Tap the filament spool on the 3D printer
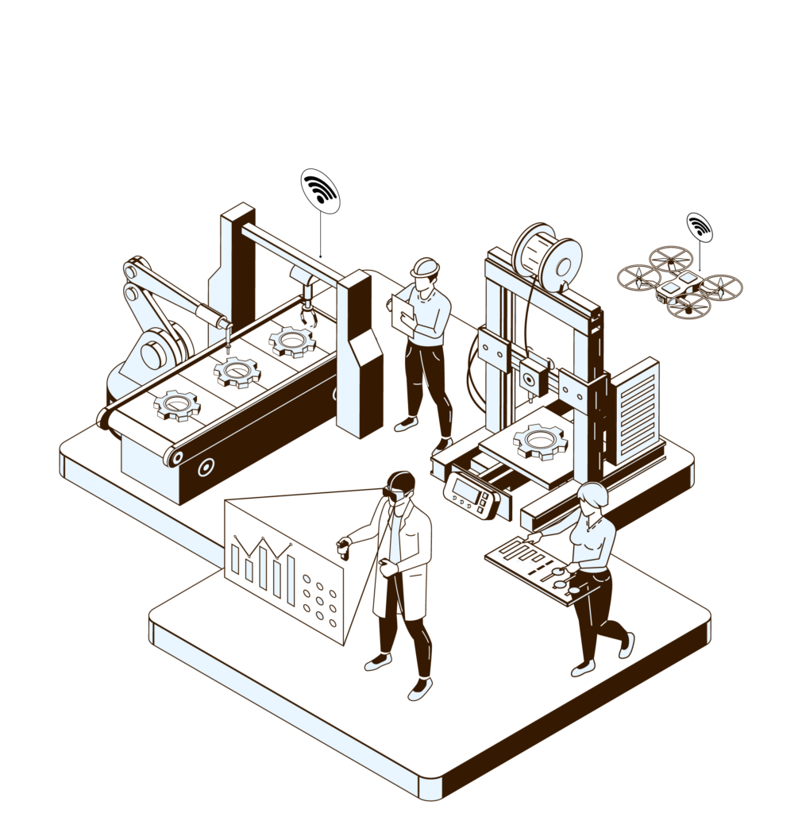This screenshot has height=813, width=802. pyautogui.click(x=547, y=255)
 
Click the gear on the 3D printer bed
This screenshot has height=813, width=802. pyautogui.click(x=541, y=440)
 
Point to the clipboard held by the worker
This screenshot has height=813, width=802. pyautogui.click(x=404, y=311)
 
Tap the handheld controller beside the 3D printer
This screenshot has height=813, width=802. pyautogui.click(x=472, y=495)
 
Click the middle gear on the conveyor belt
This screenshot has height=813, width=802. pyautogui.click(x=237, y=371)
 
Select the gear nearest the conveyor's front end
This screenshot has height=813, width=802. pyautogui.click(x=177, y=405)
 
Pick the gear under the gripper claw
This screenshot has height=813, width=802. pyautogui.click(x=291, y=341)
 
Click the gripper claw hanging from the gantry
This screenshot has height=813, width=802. pyautogui.click(x=307, y=314)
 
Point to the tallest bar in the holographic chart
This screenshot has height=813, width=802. pyautogui.click(x=263, y=563)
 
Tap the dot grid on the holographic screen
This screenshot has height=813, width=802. pyautogui.click(x=320, y=600)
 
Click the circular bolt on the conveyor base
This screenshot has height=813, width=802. pyautogui.click(x=206, y=468)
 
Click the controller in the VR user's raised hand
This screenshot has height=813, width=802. pyautogui.click(x=344, y=548)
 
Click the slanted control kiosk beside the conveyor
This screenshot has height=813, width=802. pyautogui.click(x=360, y=357)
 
